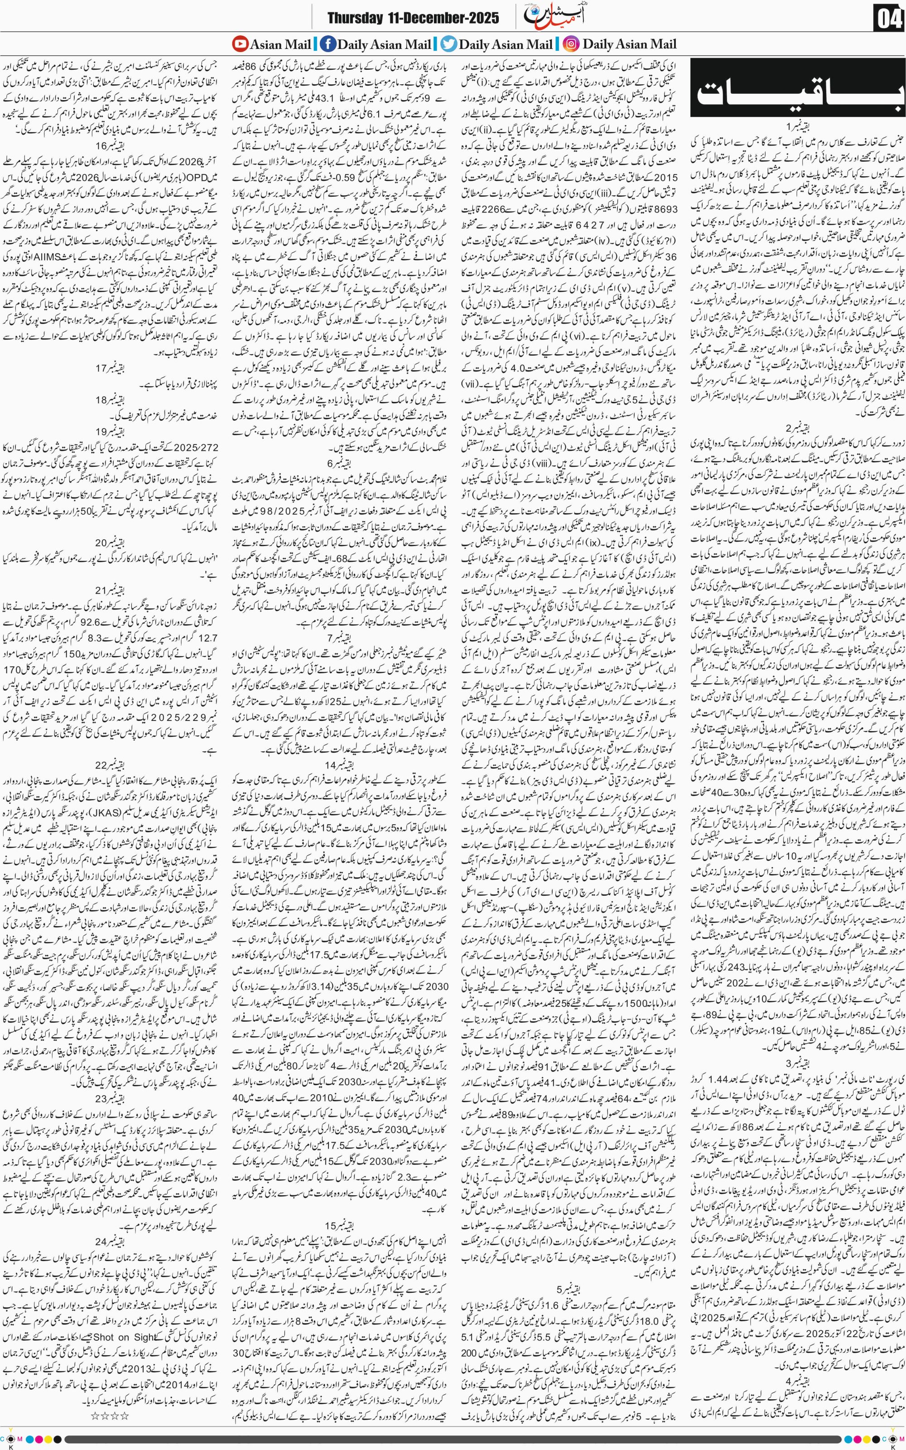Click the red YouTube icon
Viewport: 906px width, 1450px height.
click(240, 44)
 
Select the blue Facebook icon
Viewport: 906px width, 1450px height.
click(328, 44)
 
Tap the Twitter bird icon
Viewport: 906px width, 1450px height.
click(449, 44)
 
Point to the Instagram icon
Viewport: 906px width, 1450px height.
click(572, 44)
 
